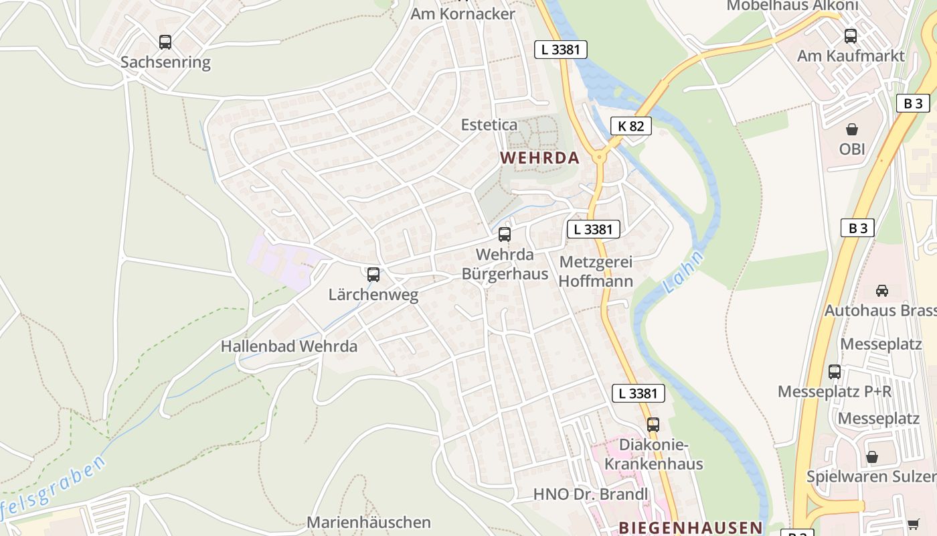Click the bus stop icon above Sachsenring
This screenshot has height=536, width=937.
tap(165, 42)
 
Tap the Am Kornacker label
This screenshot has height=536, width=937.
tap(462, 13)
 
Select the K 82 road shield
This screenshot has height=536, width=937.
tap(630, 125)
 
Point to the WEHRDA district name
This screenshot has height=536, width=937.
tap(539, 158)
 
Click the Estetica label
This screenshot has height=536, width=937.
tap(489, 125)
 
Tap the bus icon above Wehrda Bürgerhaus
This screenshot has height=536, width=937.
tap(505, 234)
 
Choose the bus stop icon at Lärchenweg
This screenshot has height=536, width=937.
tap(373, 274)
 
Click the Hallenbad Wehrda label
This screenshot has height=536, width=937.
tap(289, 346)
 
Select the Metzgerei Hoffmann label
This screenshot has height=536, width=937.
tap(596, 271)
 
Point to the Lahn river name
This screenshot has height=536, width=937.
tap(683, 272)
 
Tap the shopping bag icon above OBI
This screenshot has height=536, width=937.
tap(852, 129)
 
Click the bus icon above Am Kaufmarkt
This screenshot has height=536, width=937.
tap(851, 36)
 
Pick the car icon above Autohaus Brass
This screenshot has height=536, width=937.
tap(882, 291)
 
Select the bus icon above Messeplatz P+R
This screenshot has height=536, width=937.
tap(835, 371)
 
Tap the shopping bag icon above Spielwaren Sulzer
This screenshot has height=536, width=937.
tap(871, 457)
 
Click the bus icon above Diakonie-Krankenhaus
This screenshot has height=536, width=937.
tap(653, 424)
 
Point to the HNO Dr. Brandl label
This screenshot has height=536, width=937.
tap(590, 494)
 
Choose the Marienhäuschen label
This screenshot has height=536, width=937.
tap(369, 522)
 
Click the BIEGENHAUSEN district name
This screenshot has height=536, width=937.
tap(690, 527)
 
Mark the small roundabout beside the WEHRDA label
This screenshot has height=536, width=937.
tap(598, 157)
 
